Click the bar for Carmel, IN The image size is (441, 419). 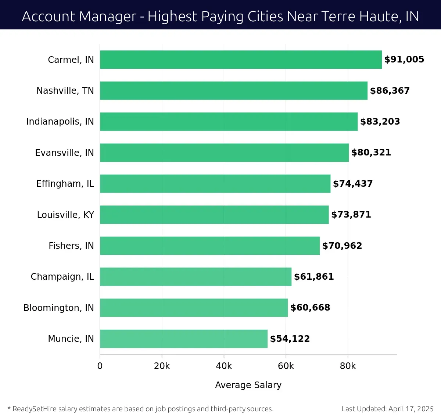(241, 60)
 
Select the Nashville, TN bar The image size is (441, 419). (233, 90)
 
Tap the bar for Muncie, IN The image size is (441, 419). (183, 339)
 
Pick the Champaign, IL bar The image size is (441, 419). (196, 276)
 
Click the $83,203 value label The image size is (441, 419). (380, 122)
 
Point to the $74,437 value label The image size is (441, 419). (353, 184)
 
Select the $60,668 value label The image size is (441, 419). (310, 308)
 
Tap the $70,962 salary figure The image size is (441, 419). (342, 246)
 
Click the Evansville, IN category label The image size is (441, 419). (64, 153)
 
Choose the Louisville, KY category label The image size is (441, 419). (65, 215)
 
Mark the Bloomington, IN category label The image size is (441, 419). (58, 308)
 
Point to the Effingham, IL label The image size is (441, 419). (65, 184)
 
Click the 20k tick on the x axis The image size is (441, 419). (162, 366)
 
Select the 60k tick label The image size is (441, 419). (286, 366)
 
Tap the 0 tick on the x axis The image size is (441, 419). (100, 366)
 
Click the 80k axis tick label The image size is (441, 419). (348, 366)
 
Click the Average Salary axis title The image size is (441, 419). (248, 385)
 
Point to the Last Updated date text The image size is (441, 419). (387, 409)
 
